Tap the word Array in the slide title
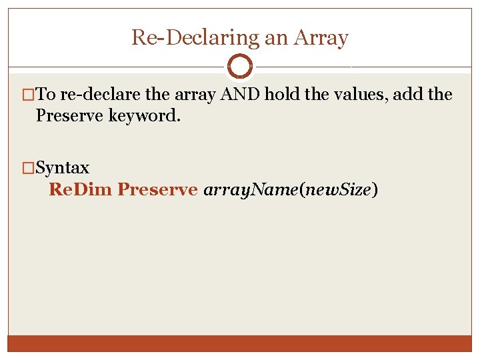point(324,37)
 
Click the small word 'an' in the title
point(276,38)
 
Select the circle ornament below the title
point(240,66)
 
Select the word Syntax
point(62,167)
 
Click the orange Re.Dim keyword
point(81,189)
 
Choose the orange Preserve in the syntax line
point(157,189)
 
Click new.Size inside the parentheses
point(339,189)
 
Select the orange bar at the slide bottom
point(240,343)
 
